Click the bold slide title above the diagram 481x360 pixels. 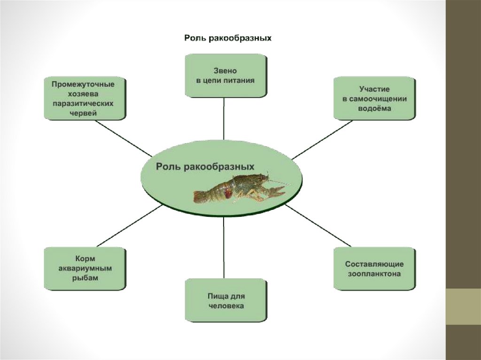[x=227, y=38]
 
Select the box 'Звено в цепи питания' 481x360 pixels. [x=225, y=76]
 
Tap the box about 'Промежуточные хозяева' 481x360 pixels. [x=85, y=99]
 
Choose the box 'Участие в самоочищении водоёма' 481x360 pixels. [x=374, y=99]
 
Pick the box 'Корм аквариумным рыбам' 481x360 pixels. [x=85, y=268]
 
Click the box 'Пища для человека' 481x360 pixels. [x=225, y=300]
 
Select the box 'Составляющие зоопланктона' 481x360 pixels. [x=374, y=268]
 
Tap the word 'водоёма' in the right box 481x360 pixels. [x=374, y=108]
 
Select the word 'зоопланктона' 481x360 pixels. [x=374, y=274]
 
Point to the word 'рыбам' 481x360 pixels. [x=85, y=278]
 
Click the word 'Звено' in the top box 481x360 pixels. [x=225, y=70]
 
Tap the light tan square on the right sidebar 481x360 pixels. [x=463, y=306]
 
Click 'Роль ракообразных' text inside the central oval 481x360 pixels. [x=205, y=166]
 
